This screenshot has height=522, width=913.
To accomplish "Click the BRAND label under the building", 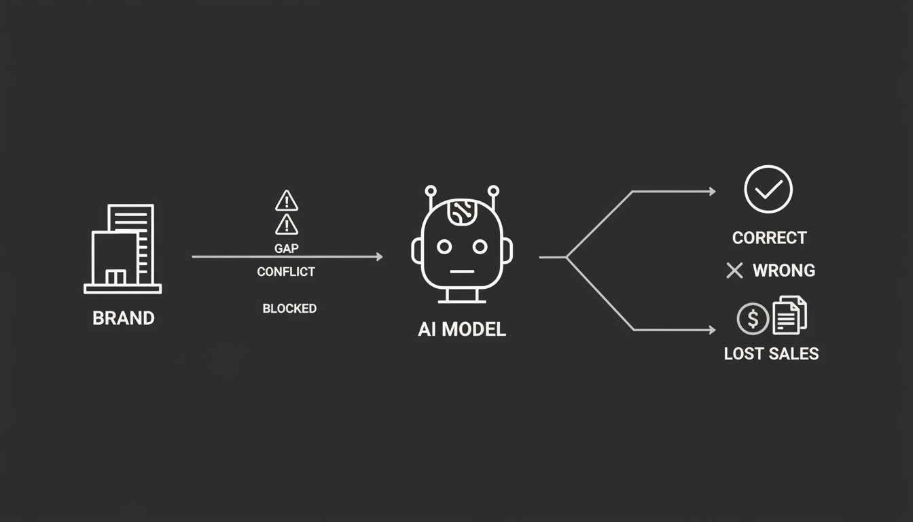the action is tap(124, 318).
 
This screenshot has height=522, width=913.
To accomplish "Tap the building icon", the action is tap(123, 249).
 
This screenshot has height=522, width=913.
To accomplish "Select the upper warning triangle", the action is tap(287, 201).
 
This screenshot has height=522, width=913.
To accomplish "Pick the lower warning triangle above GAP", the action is tap(287, 224).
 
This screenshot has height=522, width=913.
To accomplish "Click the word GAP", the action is tap(287, 248).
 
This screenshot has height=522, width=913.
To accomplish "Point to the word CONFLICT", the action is tap(286, 272).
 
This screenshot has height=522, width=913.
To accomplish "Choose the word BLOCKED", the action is tap(289, 309).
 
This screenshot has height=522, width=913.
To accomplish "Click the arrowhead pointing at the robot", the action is tap(380, 256).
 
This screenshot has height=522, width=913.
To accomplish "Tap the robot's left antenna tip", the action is tap(431, 191).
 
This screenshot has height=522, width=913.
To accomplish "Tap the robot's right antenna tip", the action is tap(493, 191).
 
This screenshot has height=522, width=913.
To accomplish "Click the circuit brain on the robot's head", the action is tap(462, 212).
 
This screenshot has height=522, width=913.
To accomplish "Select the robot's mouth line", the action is tap(462, 271).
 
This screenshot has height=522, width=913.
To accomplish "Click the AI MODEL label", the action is tap(462, 329).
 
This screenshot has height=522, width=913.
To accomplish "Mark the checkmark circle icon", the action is tap(768, 189).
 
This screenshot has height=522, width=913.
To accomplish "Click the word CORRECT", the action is tap(770, 238).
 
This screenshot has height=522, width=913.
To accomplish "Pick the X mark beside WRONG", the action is tap(734, 271).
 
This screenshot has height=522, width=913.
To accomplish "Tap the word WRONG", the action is tap(784, 271).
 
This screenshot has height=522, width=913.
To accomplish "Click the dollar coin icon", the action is tap(753, 319).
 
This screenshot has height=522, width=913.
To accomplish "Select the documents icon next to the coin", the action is tap(790, 315).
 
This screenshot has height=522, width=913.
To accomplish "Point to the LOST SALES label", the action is tap(771, 353).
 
